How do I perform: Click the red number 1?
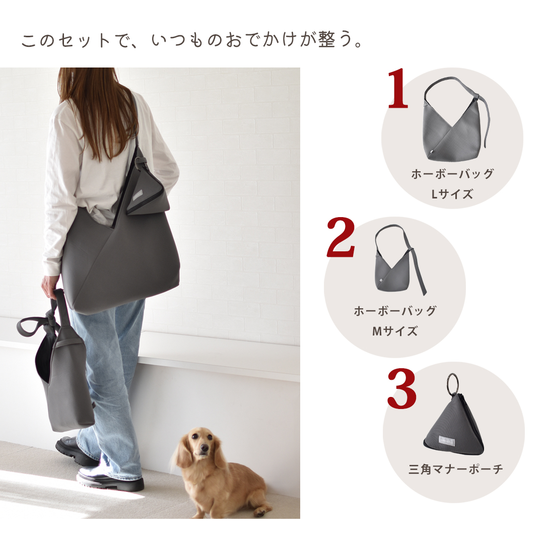(x=398, y=90)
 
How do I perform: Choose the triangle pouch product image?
(x=453, y=423)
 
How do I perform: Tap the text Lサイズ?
(x=452, y=194)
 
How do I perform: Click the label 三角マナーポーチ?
(x=455, y=469)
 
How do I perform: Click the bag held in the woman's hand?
(x=65, y=383)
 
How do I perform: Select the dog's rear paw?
(x=259, y=511)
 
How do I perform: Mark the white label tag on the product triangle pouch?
(x=448, y=439)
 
